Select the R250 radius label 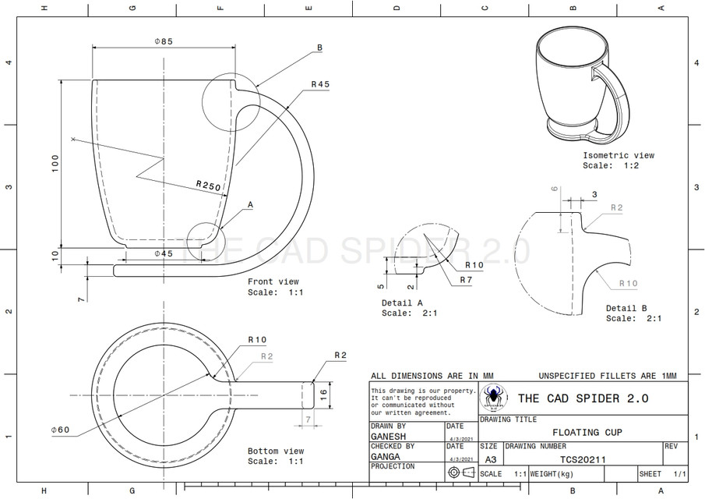click(x=208, y=186)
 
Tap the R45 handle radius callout click(x=320, y=84)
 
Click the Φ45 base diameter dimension click(x=163, y=254)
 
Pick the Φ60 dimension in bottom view click(x=60, y=430)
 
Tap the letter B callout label click(x=319, y=48)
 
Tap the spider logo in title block click(x=493, y=398)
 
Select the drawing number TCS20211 click(x=583, y=459)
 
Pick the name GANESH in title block click(x=389, y=437)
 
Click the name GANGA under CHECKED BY click(x=386, y=456)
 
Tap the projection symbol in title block click(x=460, y=472)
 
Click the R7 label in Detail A click(x=466, y=279)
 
